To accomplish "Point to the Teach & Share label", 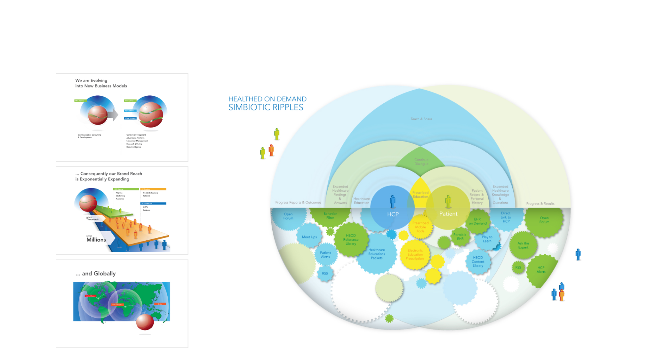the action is (x=421, y=119).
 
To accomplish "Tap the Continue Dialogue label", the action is (x=421, y=162).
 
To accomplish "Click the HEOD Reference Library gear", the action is (x=351, y=240).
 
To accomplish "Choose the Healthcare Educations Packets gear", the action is (x=377, y=254).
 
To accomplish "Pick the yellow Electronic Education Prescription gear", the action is (x=415, y=254).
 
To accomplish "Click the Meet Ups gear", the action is (x=309, y=237).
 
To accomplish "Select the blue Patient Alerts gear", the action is (x=325, y=255).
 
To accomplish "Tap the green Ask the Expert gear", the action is (x=523, y=245).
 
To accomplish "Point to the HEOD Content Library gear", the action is (x=478, y=261).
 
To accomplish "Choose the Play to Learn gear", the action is (x=487, y=239).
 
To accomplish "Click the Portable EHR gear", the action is (x=460, y=237).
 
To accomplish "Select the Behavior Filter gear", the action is (x=330, y=216).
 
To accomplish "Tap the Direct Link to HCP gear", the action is (x=506, y=217).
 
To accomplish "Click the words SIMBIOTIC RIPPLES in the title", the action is (x=266, y=108).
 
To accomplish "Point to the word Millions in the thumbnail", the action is (x=96, y=240).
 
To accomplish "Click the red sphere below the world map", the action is (x=145, y=322).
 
